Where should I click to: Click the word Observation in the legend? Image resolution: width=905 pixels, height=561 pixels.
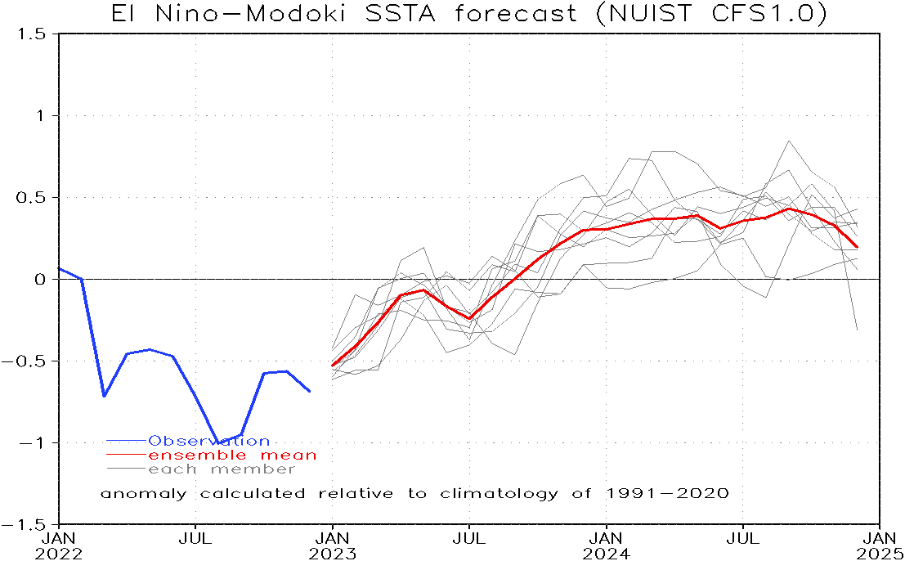(208, 442)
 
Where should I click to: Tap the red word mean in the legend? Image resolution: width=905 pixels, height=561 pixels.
(288, 456)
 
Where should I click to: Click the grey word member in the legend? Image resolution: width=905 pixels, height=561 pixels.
(253, 469)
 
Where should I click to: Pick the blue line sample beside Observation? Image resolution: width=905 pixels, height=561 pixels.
(126, 442)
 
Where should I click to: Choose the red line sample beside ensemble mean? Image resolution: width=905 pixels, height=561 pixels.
(126, 456)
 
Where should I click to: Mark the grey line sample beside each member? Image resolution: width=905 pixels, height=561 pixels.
(126, 469)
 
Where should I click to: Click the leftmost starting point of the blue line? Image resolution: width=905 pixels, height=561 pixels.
(60, 268)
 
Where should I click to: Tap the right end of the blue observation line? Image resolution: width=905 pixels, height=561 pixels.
(310, 392)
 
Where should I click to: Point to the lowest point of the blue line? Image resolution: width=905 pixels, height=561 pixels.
(218, 442)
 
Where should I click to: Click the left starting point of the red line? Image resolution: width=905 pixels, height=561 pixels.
(332, 365)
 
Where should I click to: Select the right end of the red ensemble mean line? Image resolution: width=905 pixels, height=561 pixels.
(857, 247)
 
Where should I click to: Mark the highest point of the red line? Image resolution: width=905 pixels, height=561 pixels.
(789, 208)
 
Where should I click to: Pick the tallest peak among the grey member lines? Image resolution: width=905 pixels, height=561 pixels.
(789, 141)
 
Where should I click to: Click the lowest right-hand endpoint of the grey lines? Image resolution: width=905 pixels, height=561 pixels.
(857, 330)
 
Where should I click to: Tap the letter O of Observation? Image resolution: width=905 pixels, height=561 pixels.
(155, 442)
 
